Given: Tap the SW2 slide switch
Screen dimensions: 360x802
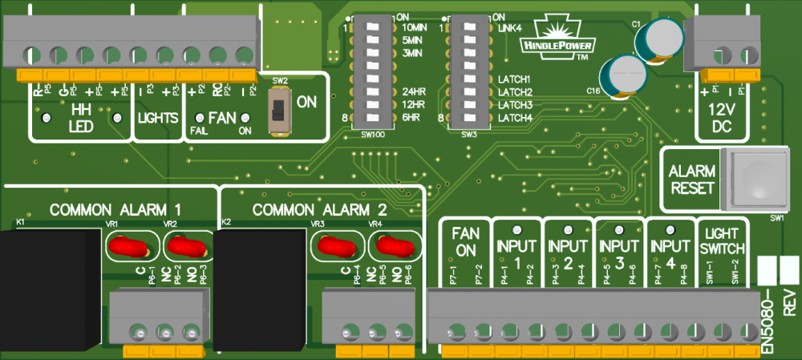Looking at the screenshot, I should coord(278,107).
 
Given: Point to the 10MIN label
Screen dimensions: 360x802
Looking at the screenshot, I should coord(414,28).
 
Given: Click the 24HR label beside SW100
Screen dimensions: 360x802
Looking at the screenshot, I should coord(414,91).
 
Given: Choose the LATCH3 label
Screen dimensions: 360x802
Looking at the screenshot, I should coord(515,105).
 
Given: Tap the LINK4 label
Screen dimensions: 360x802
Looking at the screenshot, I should coord(509,28).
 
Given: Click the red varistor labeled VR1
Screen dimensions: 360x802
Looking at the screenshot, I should coord(128,246).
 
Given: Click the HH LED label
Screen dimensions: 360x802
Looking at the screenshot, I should coord(81,118).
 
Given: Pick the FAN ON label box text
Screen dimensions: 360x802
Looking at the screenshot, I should coord(466,240).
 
